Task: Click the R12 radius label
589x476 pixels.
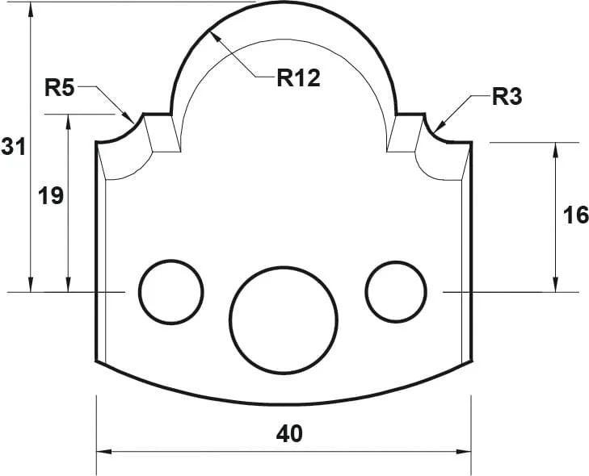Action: pyautogui.click(x=298, y=77)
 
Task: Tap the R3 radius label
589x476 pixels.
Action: pyautogui.click(x=507, y=98)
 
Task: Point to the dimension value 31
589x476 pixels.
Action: pyautogui.click(x=13, y=147)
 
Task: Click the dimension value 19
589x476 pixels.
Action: pyautogui.click(x=51, y=195)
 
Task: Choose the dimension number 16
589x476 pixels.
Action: pyautogui.click(x=574, y=215)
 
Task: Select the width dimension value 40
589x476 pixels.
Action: pyautogui.click(x=289, y=433)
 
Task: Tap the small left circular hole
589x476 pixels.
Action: pyautogui.click(x=170, y=290)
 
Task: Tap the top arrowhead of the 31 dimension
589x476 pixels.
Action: pyautogui.click(x=31, y=8)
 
